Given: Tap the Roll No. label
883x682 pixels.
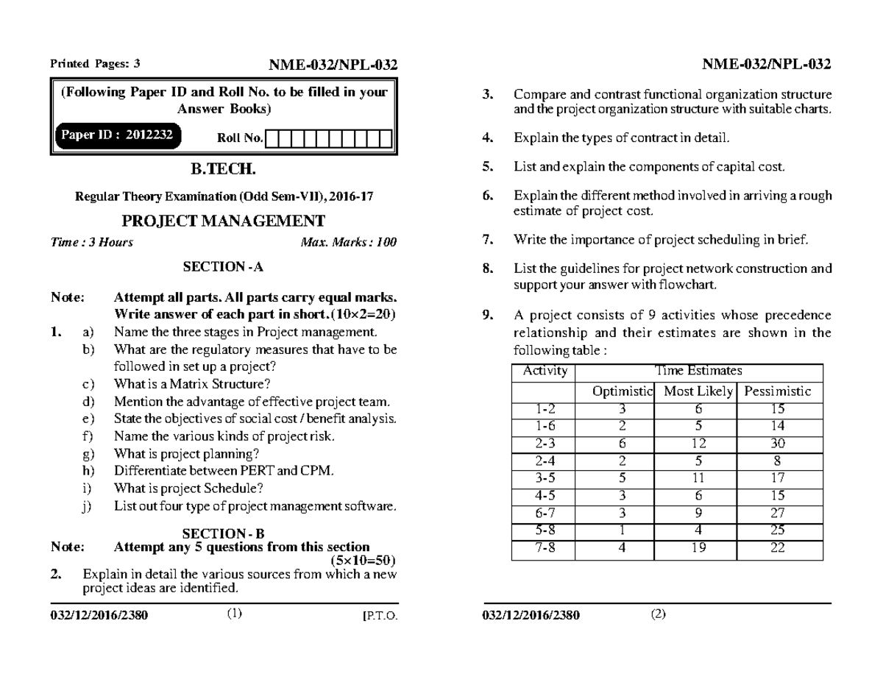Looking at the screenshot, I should pos(240,138).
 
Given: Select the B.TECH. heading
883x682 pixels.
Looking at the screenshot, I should pos(223,170).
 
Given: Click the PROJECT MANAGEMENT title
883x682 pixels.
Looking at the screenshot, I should pos(223,221).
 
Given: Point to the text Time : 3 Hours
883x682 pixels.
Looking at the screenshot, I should pos(92,243).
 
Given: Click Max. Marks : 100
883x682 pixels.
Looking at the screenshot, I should pos(349,243).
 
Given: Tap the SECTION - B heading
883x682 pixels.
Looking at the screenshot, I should pos(223,534).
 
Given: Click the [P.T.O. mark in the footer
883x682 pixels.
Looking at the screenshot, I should pos(380,616).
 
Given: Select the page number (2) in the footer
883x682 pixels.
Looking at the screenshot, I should pos(658,615).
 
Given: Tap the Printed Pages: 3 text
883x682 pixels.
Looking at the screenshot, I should pos(94,64).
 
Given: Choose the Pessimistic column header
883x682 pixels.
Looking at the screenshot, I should pos(778,392).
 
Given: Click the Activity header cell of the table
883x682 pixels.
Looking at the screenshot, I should pos(544,372).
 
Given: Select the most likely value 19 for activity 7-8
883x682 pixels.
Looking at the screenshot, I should pos(698,547).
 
